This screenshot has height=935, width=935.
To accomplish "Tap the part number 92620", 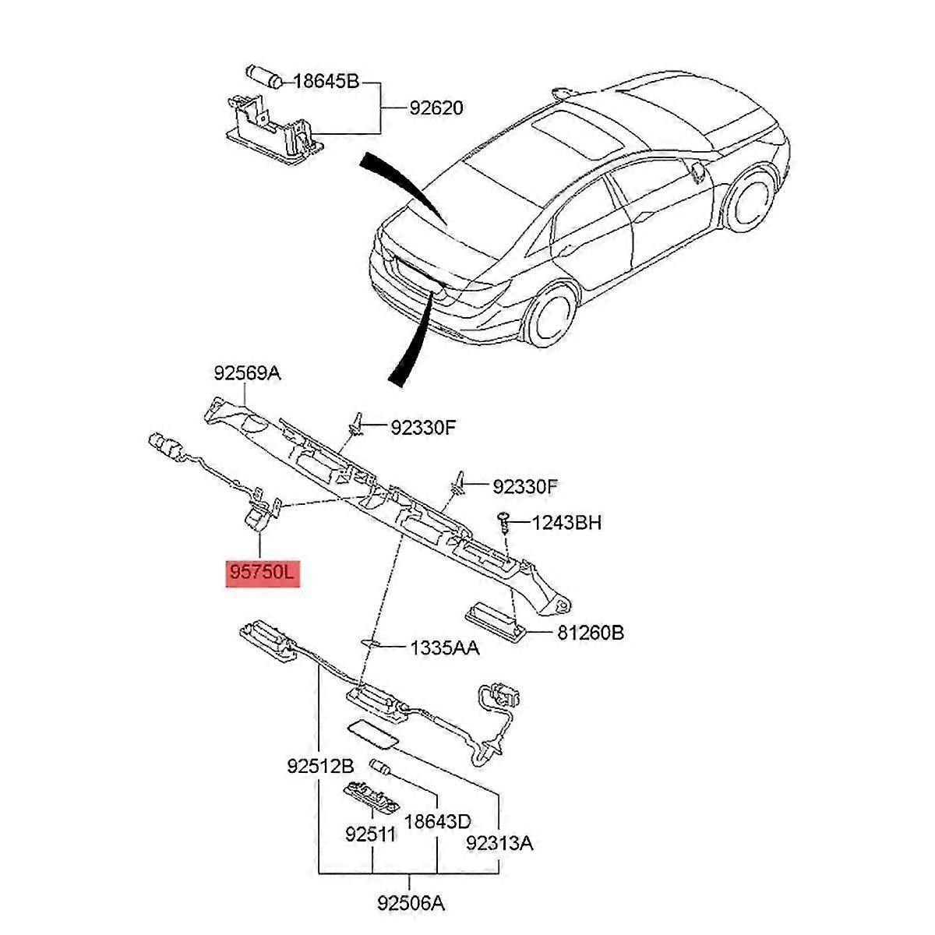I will tap(436, 108).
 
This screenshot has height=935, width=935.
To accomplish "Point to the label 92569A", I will tap(247, 373).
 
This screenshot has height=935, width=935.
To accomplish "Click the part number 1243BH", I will tap(566, 522).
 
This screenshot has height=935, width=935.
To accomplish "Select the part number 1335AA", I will tap(444, 647).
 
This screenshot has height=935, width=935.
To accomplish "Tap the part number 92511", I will tap(371, 834).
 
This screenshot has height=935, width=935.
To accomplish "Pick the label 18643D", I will tap(438, 821).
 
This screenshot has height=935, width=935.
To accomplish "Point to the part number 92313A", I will tap(499, 842).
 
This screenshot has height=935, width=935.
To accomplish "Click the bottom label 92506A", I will tap(411, 903).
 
